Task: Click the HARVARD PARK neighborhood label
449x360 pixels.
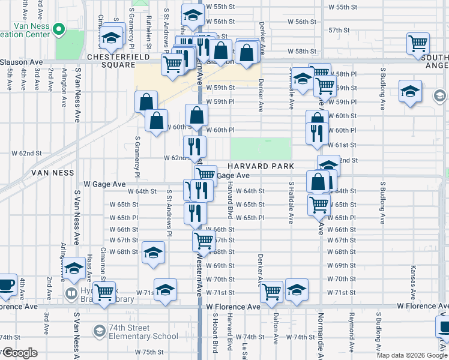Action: coord(261,166)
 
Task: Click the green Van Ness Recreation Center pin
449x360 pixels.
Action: coord(59,29)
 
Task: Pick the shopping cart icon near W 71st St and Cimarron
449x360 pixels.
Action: coord(104,293)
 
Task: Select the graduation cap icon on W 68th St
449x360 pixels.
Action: coord(153,252)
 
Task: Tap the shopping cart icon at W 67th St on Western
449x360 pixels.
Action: coord(203,241)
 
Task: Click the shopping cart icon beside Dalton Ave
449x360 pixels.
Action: coord(273,291)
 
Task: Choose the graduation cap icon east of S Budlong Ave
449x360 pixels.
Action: coord(410,91)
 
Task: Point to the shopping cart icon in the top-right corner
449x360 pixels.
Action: coord(418,43)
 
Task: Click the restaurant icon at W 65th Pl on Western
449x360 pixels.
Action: coord(195,212)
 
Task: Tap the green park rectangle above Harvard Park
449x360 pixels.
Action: coord(261,148)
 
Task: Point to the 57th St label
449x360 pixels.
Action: coord(339,30)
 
